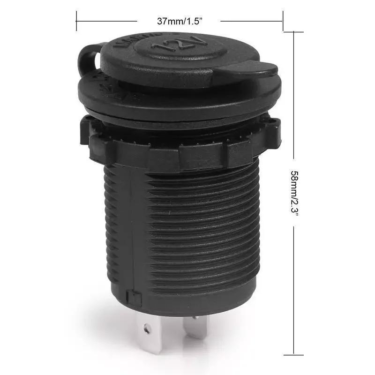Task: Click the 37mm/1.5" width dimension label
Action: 180,21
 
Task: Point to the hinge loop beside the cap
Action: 89,59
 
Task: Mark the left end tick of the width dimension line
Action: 76,21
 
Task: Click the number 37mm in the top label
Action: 167,21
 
